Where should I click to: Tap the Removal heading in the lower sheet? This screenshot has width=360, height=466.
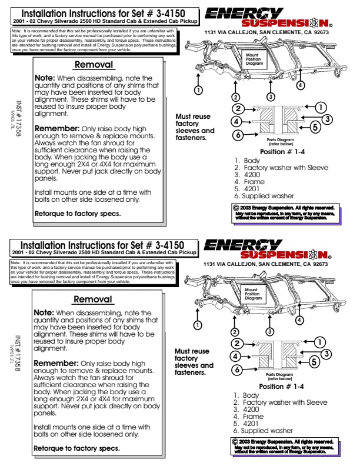tap(92, 299)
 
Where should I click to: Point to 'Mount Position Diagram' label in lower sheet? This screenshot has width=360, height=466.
tap(251, 294)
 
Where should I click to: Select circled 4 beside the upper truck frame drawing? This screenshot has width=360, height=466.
tap(301, 85)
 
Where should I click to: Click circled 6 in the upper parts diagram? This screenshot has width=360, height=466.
tap(237, 135)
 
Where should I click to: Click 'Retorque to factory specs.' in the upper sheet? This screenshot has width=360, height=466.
tap(78, 213)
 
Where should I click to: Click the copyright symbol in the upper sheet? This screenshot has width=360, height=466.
tap(236, 208)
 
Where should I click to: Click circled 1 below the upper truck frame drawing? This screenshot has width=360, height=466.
tap(199, 89)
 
